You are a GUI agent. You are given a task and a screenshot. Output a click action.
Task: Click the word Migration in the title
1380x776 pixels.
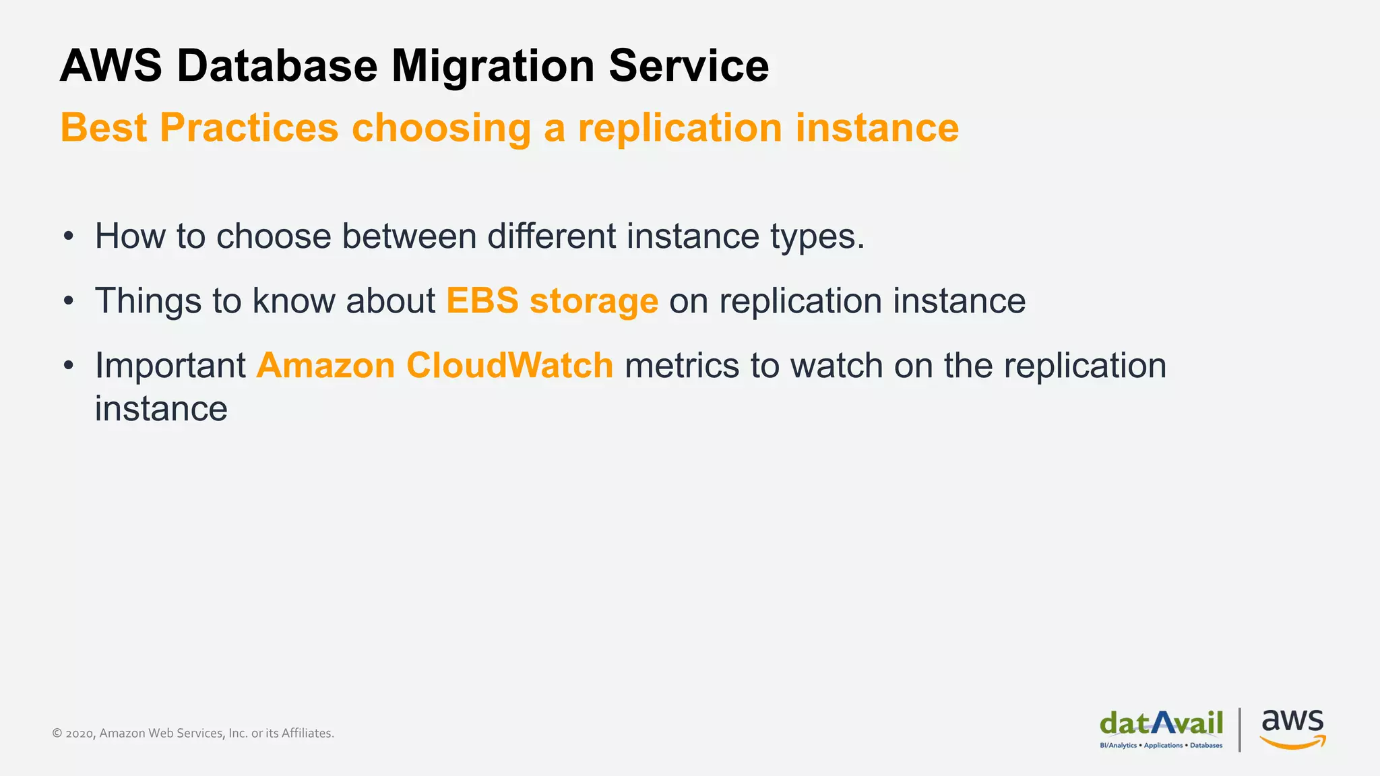click(493, 66)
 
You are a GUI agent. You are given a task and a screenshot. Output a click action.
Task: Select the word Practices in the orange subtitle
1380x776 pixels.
click(249, 127)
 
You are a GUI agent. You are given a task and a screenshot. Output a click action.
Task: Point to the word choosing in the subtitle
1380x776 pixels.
click(441, 129)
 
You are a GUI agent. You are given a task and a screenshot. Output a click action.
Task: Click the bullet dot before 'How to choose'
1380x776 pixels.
click(68, 236)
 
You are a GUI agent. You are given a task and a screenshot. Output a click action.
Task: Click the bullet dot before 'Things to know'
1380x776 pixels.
click(68, 301)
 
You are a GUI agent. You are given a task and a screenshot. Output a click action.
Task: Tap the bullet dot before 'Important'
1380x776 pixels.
click(68, 366)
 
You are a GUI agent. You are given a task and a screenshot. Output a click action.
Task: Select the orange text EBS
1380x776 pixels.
click(482, 300)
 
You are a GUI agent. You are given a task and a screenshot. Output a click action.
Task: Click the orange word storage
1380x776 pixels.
click(594, 302)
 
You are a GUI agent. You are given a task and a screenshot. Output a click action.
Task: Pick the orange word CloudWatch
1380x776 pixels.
click(510, 365)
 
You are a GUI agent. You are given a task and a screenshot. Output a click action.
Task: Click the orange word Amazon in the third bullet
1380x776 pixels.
click(325, 365)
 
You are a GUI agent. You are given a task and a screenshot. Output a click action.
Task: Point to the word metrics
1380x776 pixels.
click(682, 365)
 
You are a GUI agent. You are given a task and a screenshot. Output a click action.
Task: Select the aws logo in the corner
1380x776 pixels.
click(1292, 728)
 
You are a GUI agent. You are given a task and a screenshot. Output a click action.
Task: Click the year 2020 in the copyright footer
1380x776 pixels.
click(80, 734)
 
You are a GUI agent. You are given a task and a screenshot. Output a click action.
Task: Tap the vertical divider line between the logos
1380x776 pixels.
click(1240, 730)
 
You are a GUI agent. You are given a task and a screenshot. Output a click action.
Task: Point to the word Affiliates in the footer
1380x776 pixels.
click(307, 733)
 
